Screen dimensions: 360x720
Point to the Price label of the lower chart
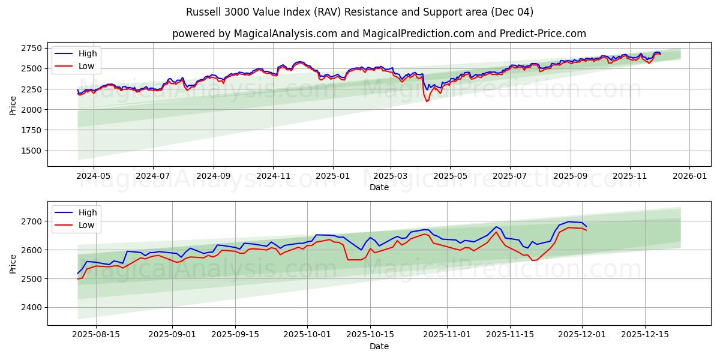[x=13, y=263]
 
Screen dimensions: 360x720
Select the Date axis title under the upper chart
[x=379, y=187]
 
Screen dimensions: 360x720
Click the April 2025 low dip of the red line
[x=427, y=101]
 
